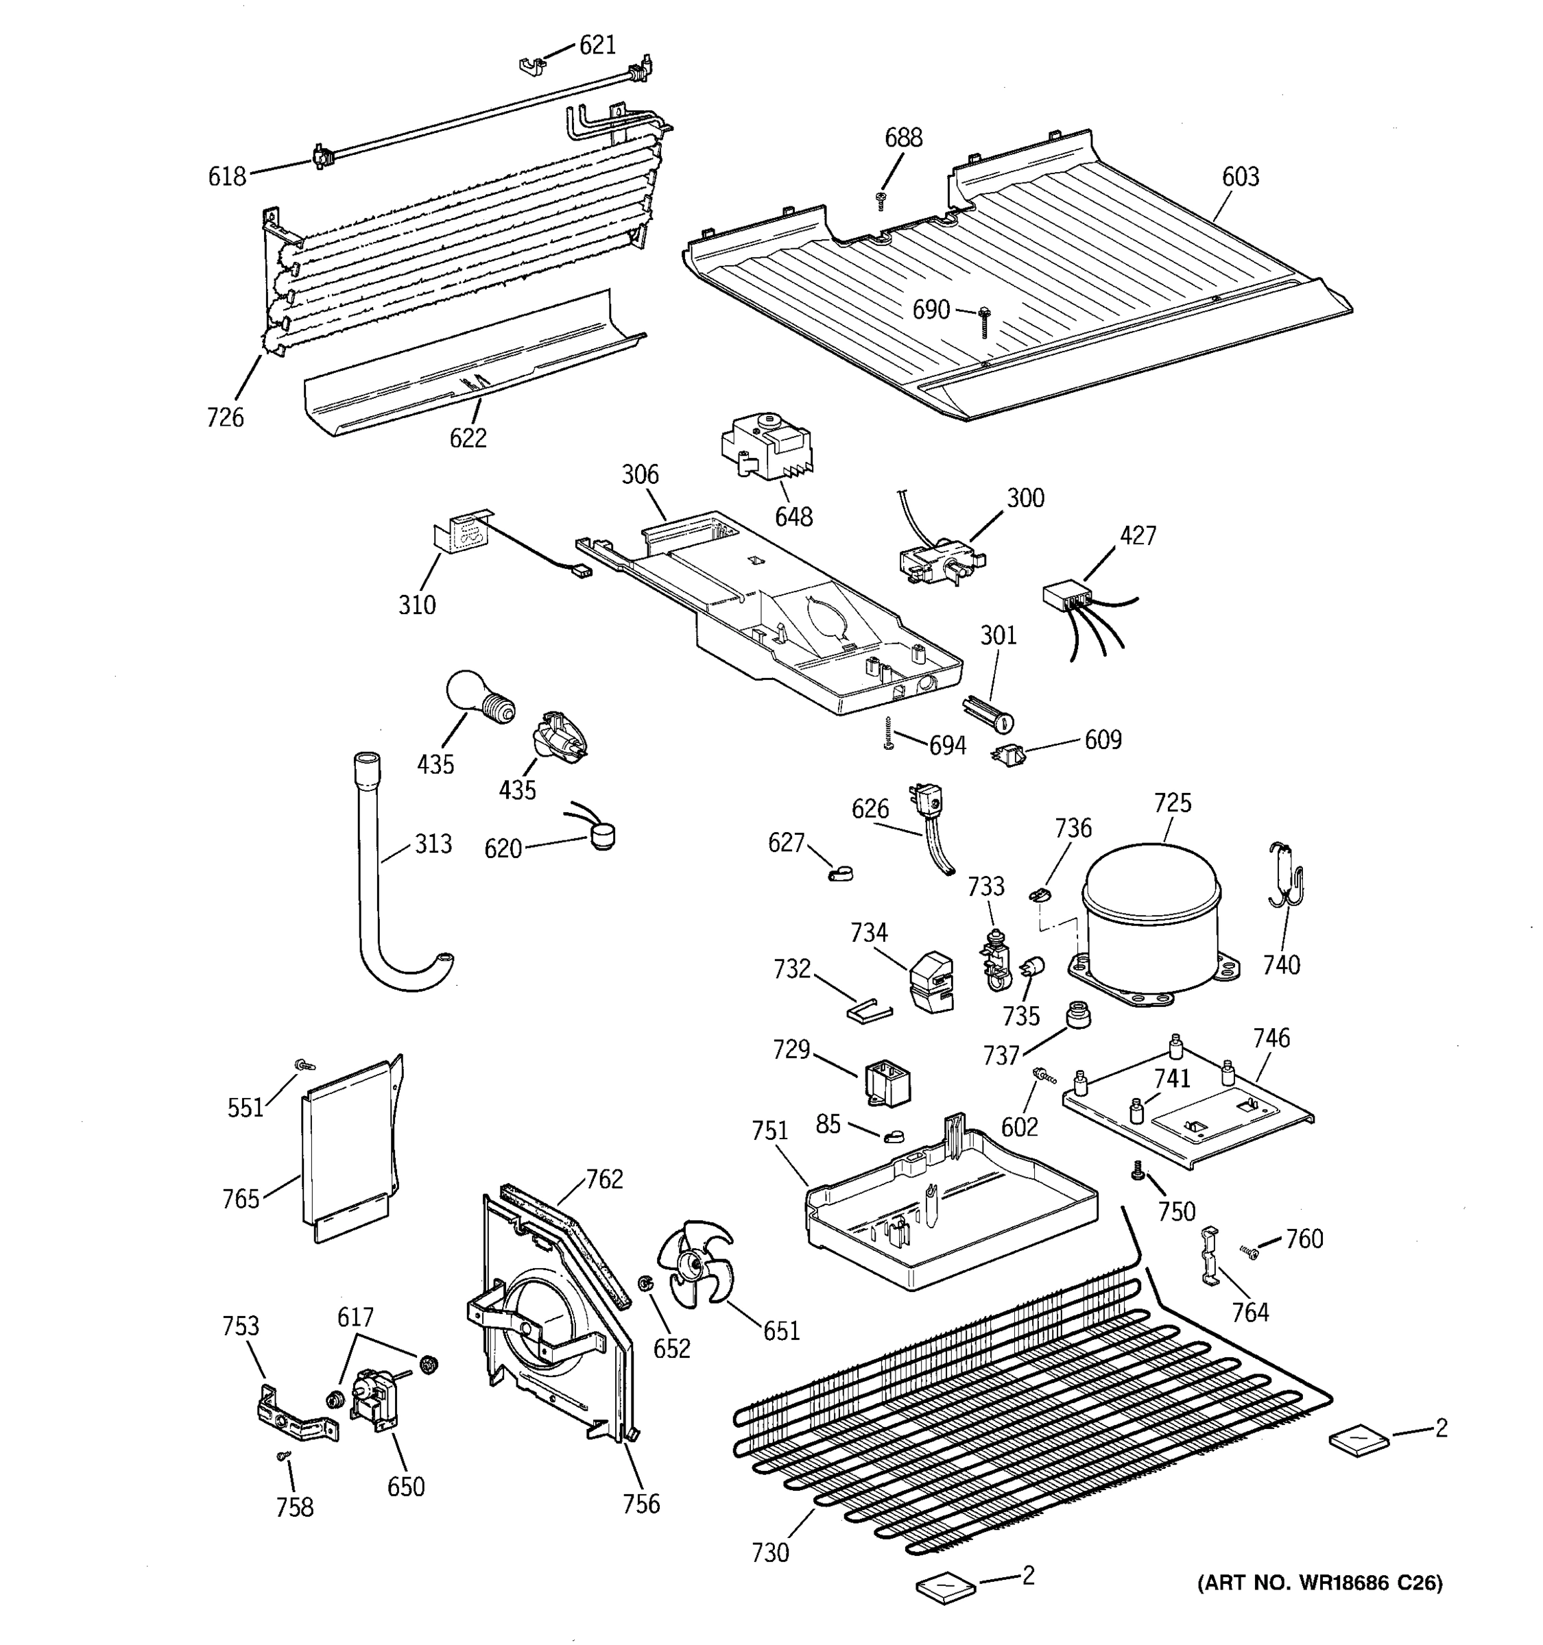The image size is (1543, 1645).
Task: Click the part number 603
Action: [1240, 176]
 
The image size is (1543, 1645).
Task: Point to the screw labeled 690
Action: [984, 320]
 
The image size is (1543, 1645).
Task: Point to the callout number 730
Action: [770, 1553]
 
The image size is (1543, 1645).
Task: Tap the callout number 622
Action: [468, 438]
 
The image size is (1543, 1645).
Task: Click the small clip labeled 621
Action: [532, 65]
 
